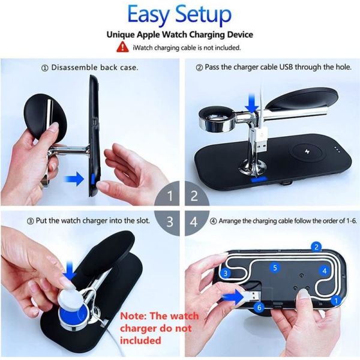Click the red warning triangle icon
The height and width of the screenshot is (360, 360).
122,47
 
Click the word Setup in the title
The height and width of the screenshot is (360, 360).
203,15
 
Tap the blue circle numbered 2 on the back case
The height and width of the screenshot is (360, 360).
317,247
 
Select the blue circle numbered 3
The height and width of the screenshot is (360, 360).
225,273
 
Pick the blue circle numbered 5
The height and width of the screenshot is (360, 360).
275,268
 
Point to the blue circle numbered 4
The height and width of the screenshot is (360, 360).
324,271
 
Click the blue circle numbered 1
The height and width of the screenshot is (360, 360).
336,301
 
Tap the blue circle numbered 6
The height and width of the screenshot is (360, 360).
259,307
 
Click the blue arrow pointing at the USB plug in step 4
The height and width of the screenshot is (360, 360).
233,297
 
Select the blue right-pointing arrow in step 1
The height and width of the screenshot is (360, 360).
74,179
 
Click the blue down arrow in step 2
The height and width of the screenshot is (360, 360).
252,103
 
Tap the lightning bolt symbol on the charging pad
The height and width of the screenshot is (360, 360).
307,152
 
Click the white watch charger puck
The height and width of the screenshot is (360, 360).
70,298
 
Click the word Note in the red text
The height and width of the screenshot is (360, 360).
133,316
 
